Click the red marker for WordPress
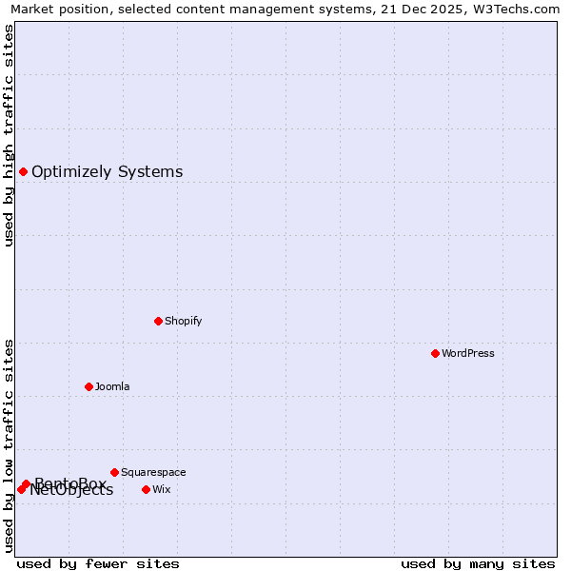[435, 353]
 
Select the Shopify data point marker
[158, 321]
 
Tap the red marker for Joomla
[89, 386]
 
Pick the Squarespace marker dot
[114, 472]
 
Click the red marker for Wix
[146, 489]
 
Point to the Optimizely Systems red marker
[23, 171]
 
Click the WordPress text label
[468, 353]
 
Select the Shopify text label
[183, 321]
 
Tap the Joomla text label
[112, 386]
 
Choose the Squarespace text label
[153, 472]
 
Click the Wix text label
[162, 489]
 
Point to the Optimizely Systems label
[107, 171]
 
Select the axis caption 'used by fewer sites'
[98, 563]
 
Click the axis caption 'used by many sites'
[478, 563]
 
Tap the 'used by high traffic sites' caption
[9, 135]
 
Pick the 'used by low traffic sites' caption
[9, 445]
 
